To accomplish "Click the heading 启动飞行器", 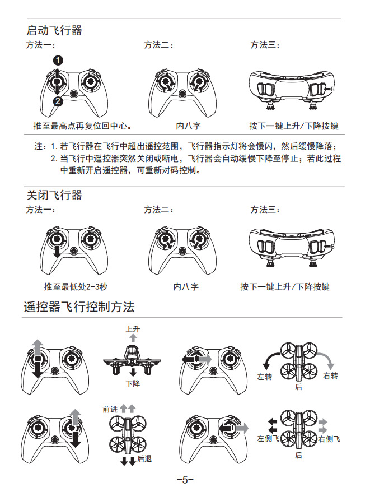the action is click(x=55, y=30).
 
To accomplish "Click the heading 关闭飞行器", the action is click(x=55, y=195).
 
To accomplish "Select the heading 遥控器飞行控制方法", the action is click(x=79, y=307).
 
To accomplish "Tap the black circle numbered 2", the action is click(x=57, y=101).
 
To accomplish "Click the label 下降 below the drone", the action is click(x=133, y=384).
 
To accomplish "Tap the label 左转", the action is click(x=264, y=377).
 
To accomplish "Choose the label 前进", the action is click(x=110, y=410).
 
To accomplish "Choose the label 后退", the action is click(x=144, y=459).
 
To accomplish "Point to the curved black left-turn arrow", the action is click(x=271, y=359).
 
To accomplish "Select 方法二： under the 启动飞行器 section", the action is click(x=158, y=45).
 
